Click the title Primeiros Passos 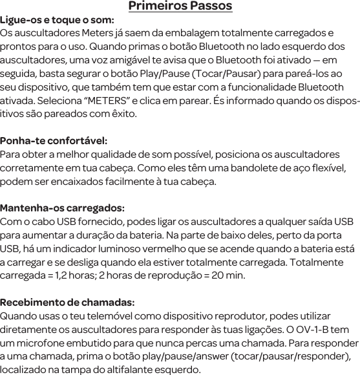(180, 7)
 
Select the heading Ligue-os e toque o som (58, 20)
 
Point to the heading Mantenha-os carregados (63, 208)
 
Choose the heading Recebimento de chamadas (67, 302)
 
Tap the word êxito (123, 114)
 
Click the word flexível (323, 168)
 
